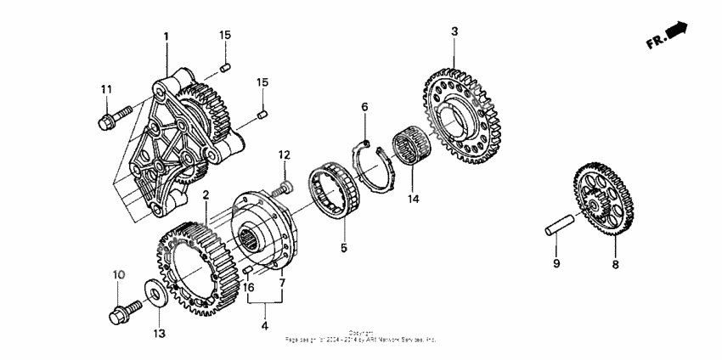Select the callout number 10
[x=119, y=274]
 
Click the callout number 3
[x=454, y=31]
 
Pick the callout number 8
[x=616, y=265]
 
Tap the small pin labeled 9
[x=559, y=229]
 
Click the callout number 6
[x=364, y=106]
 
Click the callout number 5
[x=344, y=249]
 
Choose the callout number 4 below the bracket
[x=264, y=325]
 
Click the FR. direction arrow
[x=666, y=37]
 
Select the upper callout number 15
[x=225, y=35]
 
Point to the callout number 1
[x=166, y=37]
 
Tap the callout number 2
[x=205, y=194]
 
